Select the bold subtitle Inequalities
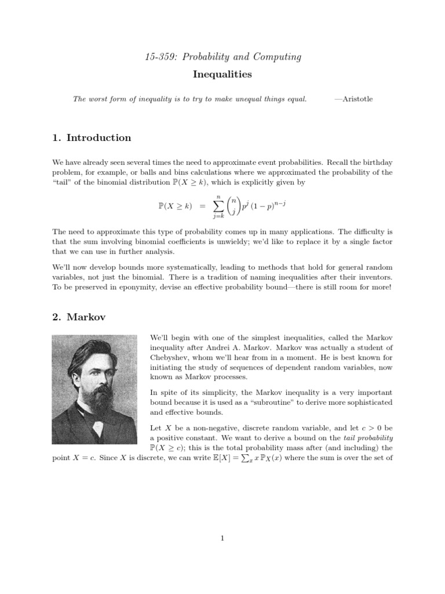(x=222, y=74)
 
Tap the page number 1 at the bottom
(x=222, y=538)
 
